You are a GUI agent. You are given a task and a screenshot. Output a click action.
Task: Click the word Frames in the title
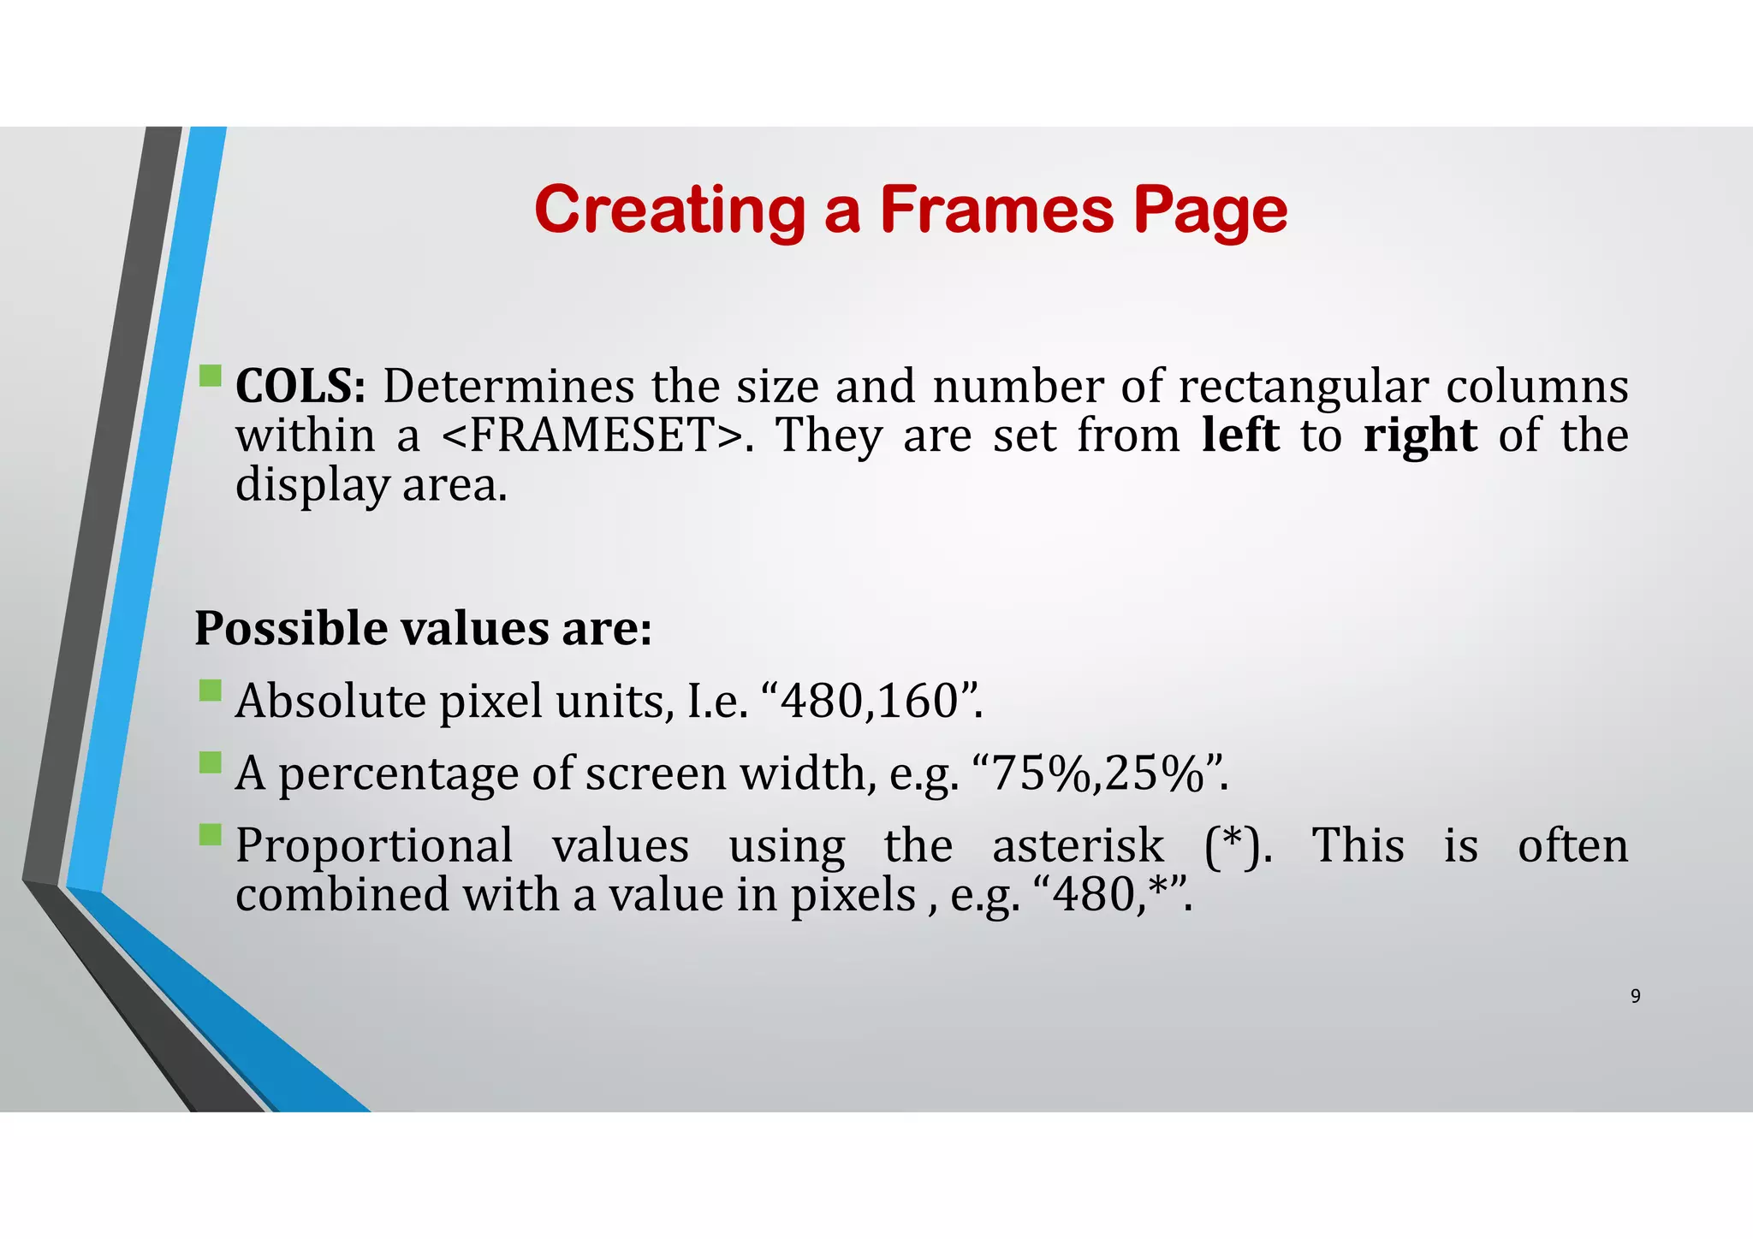pyautogui.click(x=996, y=210)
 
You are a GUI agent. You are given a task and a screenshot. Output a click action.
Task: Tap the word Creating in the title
pyautogui.click(x=669, y=211)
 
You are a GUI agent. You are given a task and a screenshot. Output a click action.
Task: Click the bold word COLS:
pyautogui.click(x=300, y=386)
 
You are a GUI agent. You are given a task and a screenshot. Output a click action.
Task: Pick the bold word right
pyautogui.click(x=1420, y=436)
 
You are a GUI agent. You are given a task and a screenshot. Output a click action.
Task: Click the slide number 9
pyautogui.click(x=1635, y=996)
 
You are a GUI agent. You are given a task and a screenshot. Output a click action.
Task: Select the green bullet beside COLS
pyautogui.click(x=210, y=376)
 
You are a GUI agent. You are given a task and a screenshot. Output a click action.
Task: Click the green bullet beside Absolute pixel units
pyautogui.click(x=210, y=691)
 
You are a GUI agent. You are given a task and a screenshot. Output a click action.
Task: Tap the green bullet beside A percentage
pyautogui.click(x=210, y=762)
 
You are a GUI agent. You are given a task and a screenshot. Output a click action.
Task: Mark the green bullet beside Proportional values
pyautogui.click(x=210, y=834)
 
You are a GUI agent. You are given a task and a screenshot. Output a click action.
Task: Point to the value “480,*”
pyautogui.click(x=1112, y=895)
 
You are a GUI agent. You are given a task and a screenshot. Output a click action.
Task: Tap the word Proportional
pyautogui.click(x=374, y=846)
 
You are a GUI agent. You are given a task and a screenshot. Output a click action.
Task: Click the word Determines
pyautogui.click(x=508, y=386)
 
